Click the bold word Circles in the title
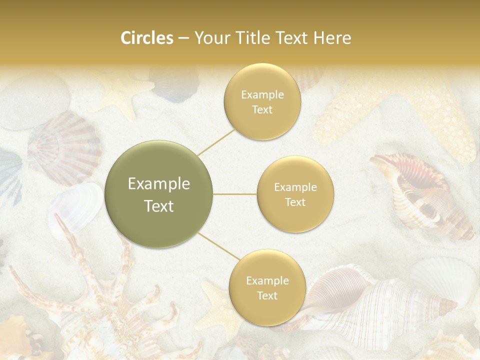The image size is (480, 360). (146, 38)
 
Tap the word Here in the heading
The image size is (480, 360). (332, 38)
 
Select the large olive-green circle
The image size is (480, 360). (159, 194)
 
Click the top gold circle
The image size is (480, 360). (262, 102)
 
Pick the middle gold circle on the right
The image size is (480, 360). (295, 194)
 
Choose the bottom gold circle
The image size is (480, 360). (267, 287)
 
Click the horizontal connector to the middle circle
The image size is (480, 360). (235, 194)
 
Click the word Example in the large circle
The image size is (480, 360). (159, 184)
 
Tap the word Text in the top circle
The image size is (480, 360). (262, 110)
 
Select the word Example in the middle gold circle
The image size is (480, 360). (295, 187)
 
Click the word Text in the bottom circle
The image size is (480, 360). (267, 295)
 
